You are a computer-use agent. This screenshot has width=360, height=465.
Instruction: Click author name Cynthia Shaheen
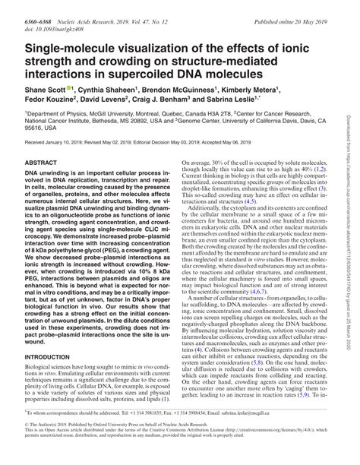(111, 89)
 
